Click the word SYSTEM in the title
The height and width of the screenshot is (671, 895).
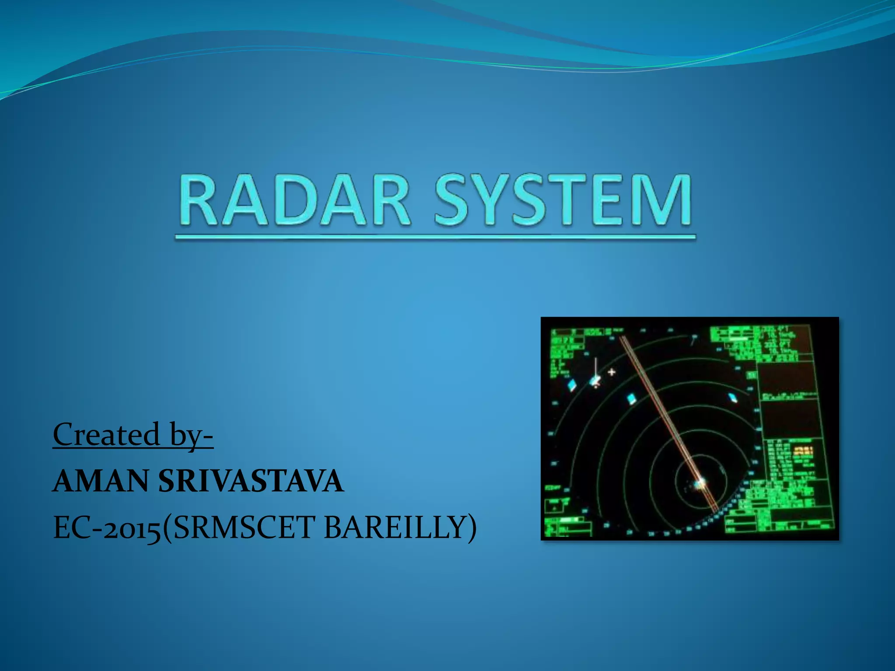click(563, 200)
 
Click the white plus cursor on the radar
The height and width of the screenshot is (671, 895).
click(612, 372)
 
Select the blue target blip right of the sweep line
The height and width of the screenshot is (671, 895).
click(732, 398)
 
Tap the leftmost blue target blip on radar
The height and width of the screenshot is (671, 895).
click(572, 385)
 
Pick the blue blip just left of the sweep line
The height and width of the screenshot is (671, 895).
click(631, 398)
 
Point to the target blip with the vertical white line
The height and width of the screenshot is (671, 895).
click(595, 381)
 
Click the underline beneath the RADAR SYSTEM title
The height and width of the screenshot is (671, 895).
click(435, 238)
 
